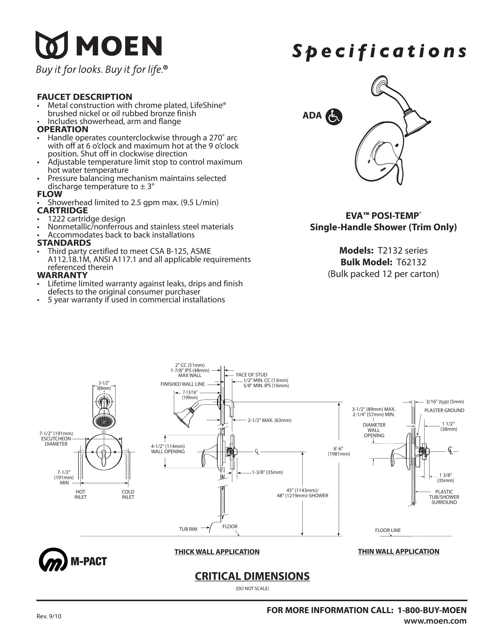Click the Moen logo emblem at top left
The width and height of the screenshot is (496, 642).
pyautogui.click(x=52, y=44)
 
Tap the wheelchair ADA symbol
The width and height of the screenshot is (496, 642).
pyautogui.click(x=334, y=117)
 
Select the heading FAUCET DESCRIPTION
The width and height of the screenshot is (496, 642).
pyautogui.click(x=84, y=97)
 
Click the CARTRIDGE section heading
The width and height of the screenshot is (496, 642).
pyautogui.click(x=62, y=210)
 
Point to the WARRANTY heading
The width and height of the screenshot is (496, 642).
pyautogui.click(x=62, y=275)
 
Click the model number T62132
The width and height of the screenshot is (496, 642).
pyautogui.click(x=411, y=262)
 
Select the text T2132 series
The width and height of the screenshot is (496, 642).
pyautogui.click(x=403, y=250)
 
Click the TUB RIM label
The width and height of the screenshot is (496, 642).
pyautogui.click(x=188, y=529)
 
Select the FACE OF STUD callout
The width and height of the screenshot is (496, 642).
pyautogui.click(x=252, y=375)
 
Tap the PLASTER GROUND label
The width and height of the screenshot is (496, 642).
pyautogui.click(x=444, y=410)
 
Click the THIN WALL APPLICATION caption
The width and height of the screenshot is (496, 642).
pyautogui.click(x=399, y=552)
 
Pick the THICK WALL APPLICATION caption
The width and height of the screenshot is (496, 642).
pyautogui.click(x=217, y=552)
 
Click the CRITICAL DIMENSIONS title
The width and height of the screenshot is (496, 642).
pyautogui.click(x=252, y=576)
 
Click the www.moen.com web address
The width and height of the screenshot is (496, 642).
pyautogui.click(x=435, y=621)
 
